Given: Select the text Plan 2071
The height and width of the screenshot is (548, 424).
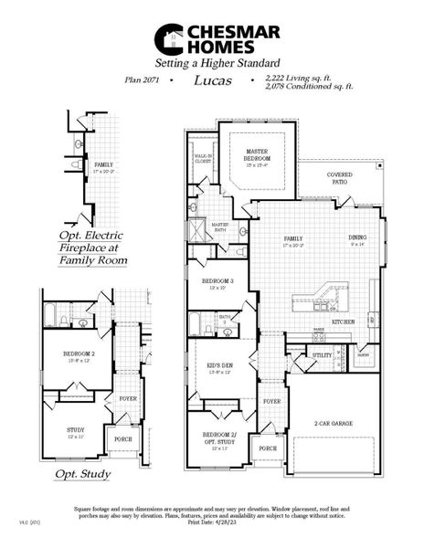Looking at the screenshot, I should click(x=143, y=80).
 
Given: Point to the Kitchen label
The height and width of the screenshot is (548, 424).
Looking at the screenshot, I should click(x=343, y=322).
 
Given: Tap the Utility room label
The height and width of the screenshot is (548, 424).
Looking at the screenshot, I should click(x=322, y=354).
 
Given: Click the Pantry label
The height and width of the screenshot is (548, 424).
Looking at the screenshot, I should click(x=362, y=355).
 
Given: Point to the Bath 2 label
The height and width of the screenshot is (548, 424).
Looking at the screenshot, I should click(x=225, y=319).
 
